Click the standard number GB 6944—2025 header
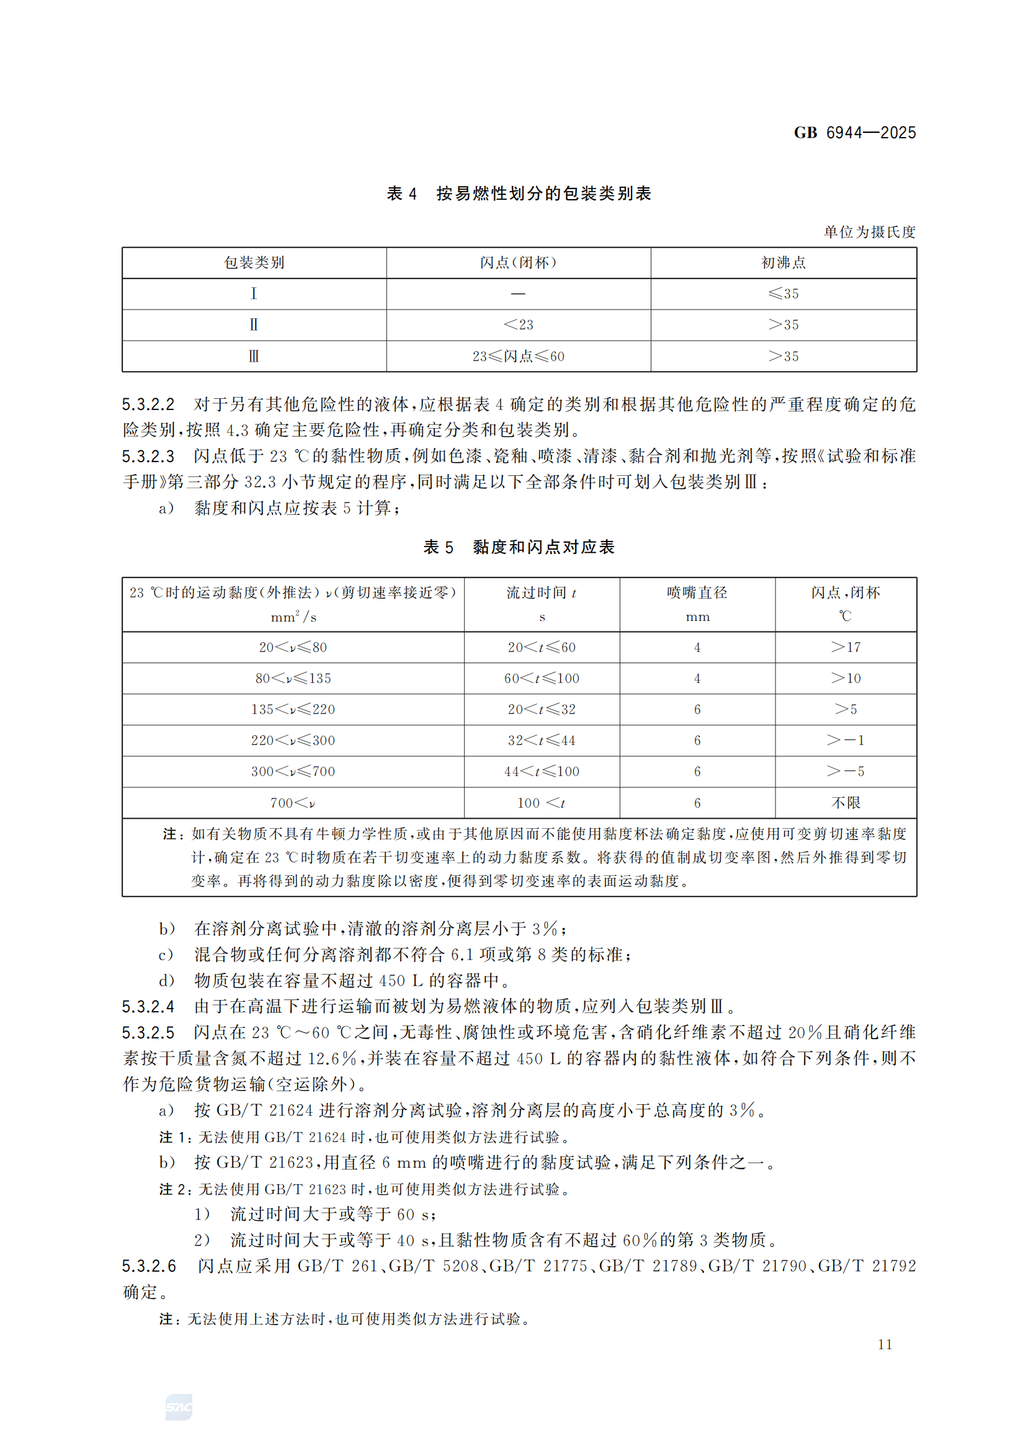click(x=854, y=133)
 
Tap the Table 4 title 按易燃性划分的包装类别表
click(x=543, y=194)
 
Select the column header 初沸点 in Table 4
click(x=783, y=263)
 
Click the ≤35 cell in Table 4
click(x=783, y=294)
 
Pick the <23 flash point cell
click(x=518, y=325)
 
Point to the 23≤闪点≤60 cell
click(x=518, y=357)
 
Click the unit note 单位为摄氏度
click(x=869, y=232)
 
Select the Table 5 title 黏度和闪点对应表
click(x=543, y=547)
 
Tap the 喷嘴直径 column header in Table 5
click(x=697, y=593)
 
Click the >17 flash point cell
click(x=845, y=647)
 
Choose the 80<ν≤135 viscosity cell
click(x=293, y=678)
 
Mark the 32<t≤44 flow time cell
click(x=542, y=740)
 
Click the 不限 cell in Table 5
click(x=845, y=803)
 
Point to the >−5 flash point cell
click(x=845, y=771)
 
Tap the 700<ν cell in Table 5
click(x=293, y=803)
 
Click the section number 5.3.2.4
click(x=148, y=1007)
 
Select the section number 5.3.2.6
click(x=148, y=1267)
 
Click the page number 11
click(x=885, y=1344)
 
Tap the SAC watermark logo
click(x=179, y=1407)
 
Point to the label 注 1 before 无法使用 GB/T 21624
click(x=174, y=1138)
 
